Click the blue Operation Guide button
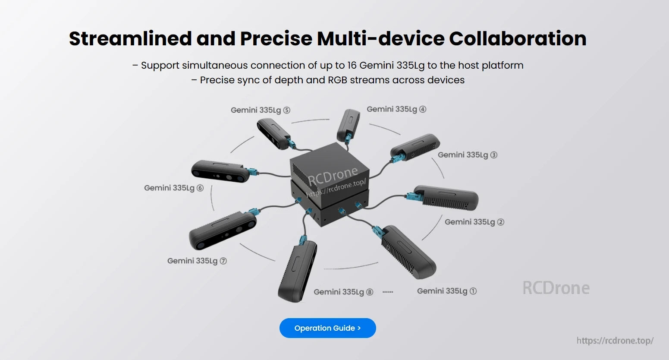(x=327, y=328)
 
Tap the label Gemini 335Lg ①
(x=446, y=291)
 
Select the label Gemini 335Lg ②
(x=474, y=222)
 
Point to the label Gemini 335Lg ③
(x=467, y=155)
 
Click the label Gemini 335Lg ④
(x=396, y=109)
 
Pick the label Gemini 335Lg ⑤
(x=260, y=110)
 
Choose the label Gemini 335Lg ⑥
(x=173, y=188)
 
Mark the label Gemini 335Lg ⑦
(x=197, y=261)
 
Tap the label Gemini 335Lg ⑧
(x=343, y=292)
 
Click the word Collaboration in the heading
(x=518, y=38)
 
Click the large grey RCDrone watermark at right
(x=556, y=288)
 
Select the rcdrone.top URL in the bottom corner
(x=615, y=341)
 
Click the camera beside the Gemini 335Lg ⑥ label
(x=220, y=171)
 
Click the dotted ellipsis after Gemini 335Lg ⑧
(x=388, y=292)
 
